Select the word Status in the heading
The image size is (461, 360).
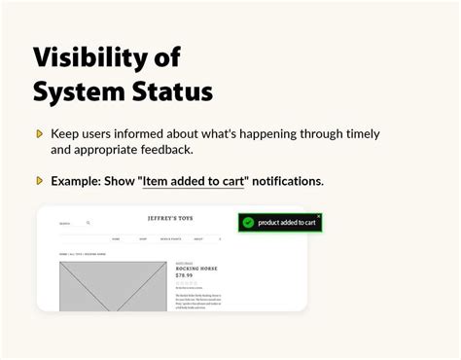175,92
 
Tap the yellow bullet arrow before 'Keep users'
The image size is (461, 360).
39,134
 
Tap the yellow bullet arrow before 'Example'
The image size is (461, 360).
39,181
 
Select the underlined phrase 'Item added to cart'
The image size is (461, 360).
193,181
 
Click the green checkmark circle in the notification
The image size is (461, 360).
248,223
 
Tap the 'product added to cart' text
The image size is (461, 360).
287,223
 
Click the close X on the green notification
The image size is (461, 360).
318,216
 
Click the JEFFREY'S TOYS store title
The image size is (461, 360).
171,219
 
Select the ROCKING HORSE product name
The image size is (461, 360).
195,268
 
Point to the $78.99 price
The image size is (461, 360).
184,275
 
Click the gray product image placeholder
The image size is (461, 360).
112,286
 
